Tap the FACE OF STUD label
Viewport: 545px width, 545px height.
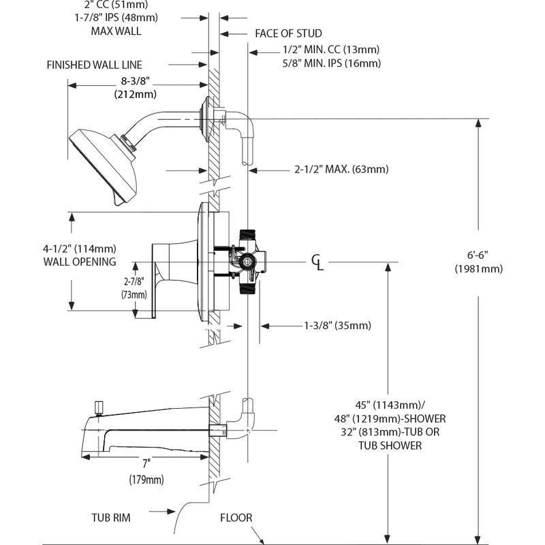[x=288, y=33]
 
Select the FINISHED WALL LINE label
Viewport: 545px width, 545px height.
[x=94, y=65]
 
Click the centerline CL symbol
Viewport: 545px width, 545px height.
[x=317, y=261]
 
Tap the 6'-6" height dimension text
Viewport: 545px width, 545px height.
[x=478, y=255]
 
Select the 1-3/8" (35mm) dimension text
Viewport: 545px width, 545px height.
[x=337, y=326]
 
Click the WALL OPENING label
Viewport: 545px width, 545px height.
[x=79, y=262]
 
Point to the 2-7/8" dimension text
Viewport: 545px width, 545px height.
[x=134, y=281]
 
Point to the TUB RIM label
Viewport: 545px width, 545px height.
[x=112, y=518]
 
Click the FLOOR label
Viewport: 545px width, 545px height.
[x=236, y=518]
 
